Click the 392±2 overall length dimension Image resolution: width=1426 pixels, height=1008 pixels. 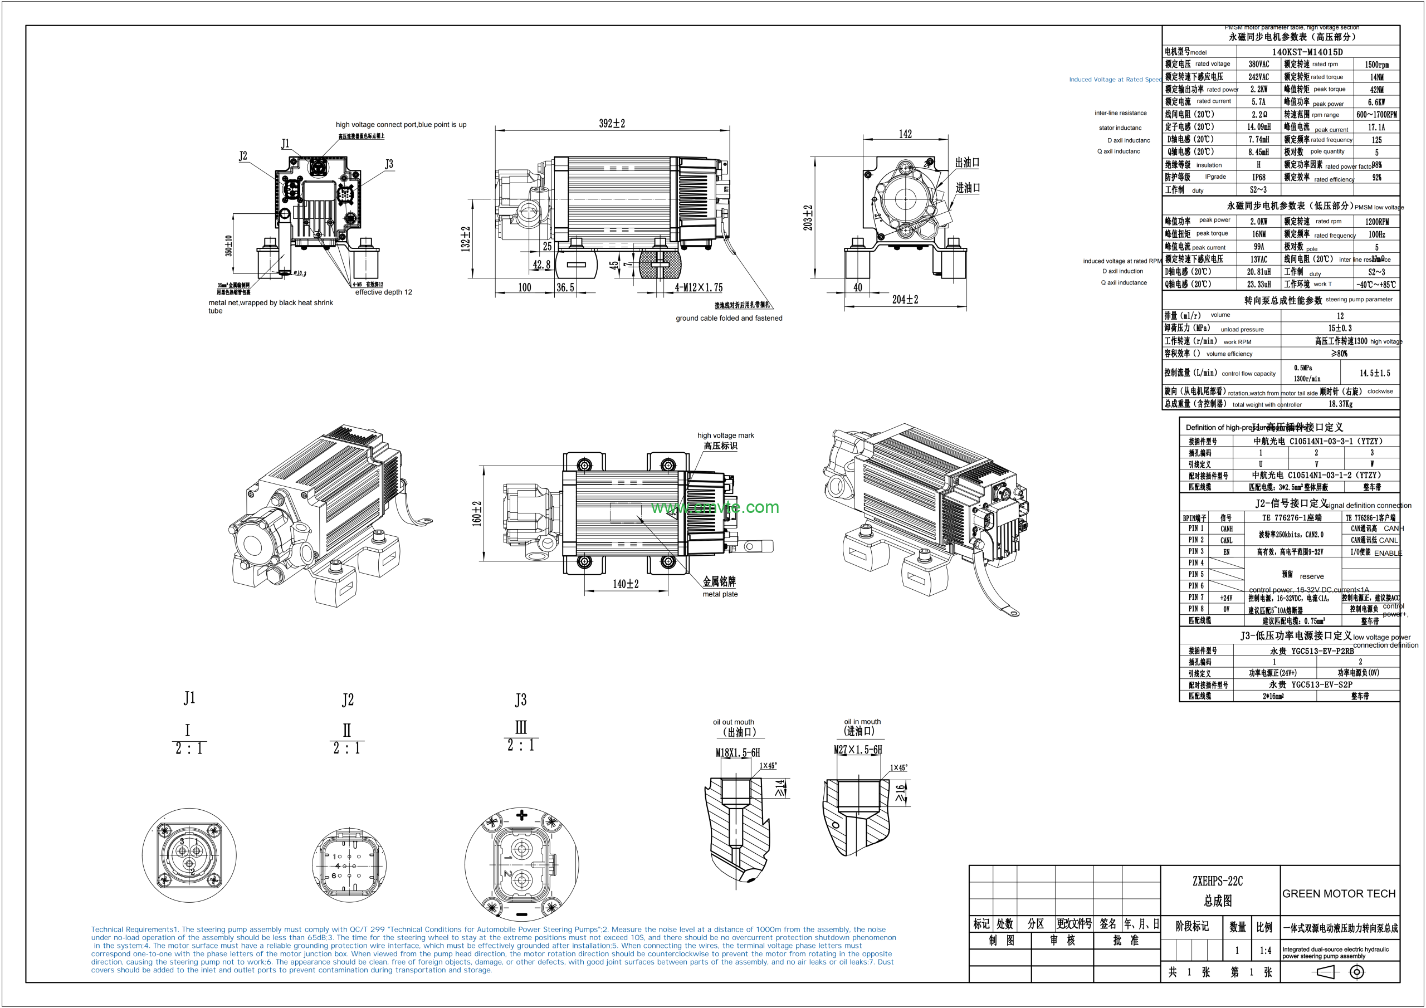click(x=612, y=124)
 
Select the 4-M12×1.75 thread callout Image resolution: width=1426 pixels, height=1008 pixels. click(x=699, y=287)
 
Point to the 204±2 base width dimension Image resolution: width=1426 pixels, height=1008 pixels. click(x=905, y=300)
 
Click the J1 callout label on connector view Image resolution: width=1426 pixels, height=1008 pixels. click(x=285, y=144)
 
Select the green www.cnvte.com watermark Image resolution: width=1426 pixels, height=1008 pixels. click(x=715, y=507)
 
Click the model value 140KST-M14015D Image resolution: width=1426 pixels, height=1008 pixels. click(x=1307, y=52)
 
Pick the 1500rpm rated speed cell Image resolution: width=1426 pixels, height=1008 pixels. click(x=1376, y=65)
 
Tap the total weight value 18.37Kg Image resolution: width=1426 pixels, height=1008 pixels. click(x=1340, y=404)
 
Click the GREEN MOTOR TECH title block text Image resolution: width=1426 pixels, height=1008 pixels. click(x=1339, y=893)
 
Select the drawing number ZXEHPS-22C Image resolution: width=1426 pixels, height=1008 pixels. click(x=1217, y=880)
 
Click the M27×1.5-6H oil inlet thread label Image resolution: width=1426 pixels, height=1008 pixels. click(x=857, y=750)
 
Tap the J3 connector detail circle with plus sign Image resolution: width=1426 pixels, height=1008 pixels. click(x=522, y=864)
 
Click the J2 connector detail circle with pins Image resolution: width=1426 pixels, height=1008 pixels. click(x=349, y=865)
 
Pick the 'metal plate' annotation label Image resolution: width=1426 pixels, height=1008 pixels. click(x=720, y=594)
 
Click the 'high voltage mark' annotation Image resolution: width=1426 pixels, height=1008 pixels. click(x=725, y=436)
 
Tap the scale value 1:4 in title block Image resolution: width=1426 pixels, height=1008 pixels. click(x=1265, y=950)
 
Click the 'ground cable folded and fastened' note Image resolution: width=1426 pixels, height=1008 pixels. click(x=729, y=318)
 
